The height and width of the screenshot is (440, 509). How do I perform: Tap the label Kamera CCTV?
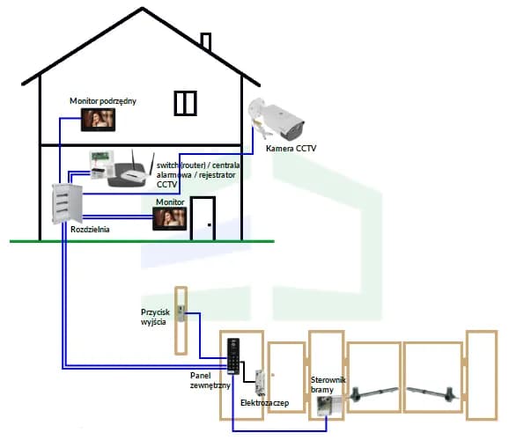click(x=291, y=149)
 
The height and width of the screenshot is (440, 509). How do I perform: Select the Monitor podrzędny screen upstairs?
click(x=103, y=121)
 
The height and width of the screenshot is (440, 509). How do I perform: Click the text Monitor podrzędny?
click(x=103, y=101)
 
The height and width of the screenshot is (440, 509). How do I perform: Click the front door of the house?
click(x=204, y=216)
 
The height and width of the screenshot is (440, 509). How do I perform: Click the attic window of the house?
click(x=186, y=102)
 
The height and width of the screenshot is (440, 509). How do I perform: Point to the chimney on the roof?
click(x=206, y=41)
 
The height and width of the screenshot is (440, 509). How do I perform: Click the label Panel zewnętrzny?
click(x=209, y=379)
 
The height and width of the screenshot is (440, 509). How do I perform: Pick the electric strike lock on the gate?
click(x=261, y=382)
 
